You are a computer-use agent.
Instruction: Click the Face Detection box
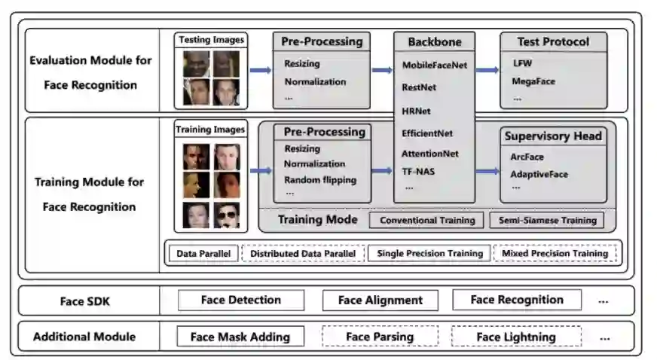click(240, 301)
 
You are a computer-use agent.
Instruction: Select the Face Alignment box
click(380, 301)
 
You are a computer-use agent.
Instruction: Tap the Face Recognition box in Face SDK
click(516, 300)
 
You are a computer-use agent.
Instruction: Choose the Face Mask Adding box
click(240, 337)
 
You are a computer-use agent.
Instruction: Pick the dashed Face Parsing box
click(380, 337)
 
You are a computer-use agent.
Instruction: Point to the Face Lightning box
click(516, 337)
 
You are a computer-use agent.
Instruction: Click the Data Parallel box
click(203, 254)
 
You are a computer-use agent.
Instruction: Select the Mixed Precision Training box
click(555, 254)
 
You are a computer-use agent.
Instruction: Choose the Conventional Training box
click(427, 221)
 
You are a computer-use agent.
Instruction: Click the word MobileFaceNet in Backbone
click(434, 66)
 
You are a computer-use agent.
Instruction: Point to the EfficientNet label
click(427, 133)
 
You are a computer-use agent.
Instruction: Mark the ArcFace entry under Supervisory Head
click(528, 157)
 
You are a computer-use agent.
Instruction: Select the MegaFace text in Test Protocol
click(533, 81)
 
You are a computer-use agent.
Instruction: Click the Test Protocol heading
click(553, 41)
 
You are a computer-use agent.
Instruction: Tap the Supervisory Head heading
click(553, 136)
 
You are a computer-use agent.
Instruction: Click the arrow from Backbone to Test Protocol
click(487, 71)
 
